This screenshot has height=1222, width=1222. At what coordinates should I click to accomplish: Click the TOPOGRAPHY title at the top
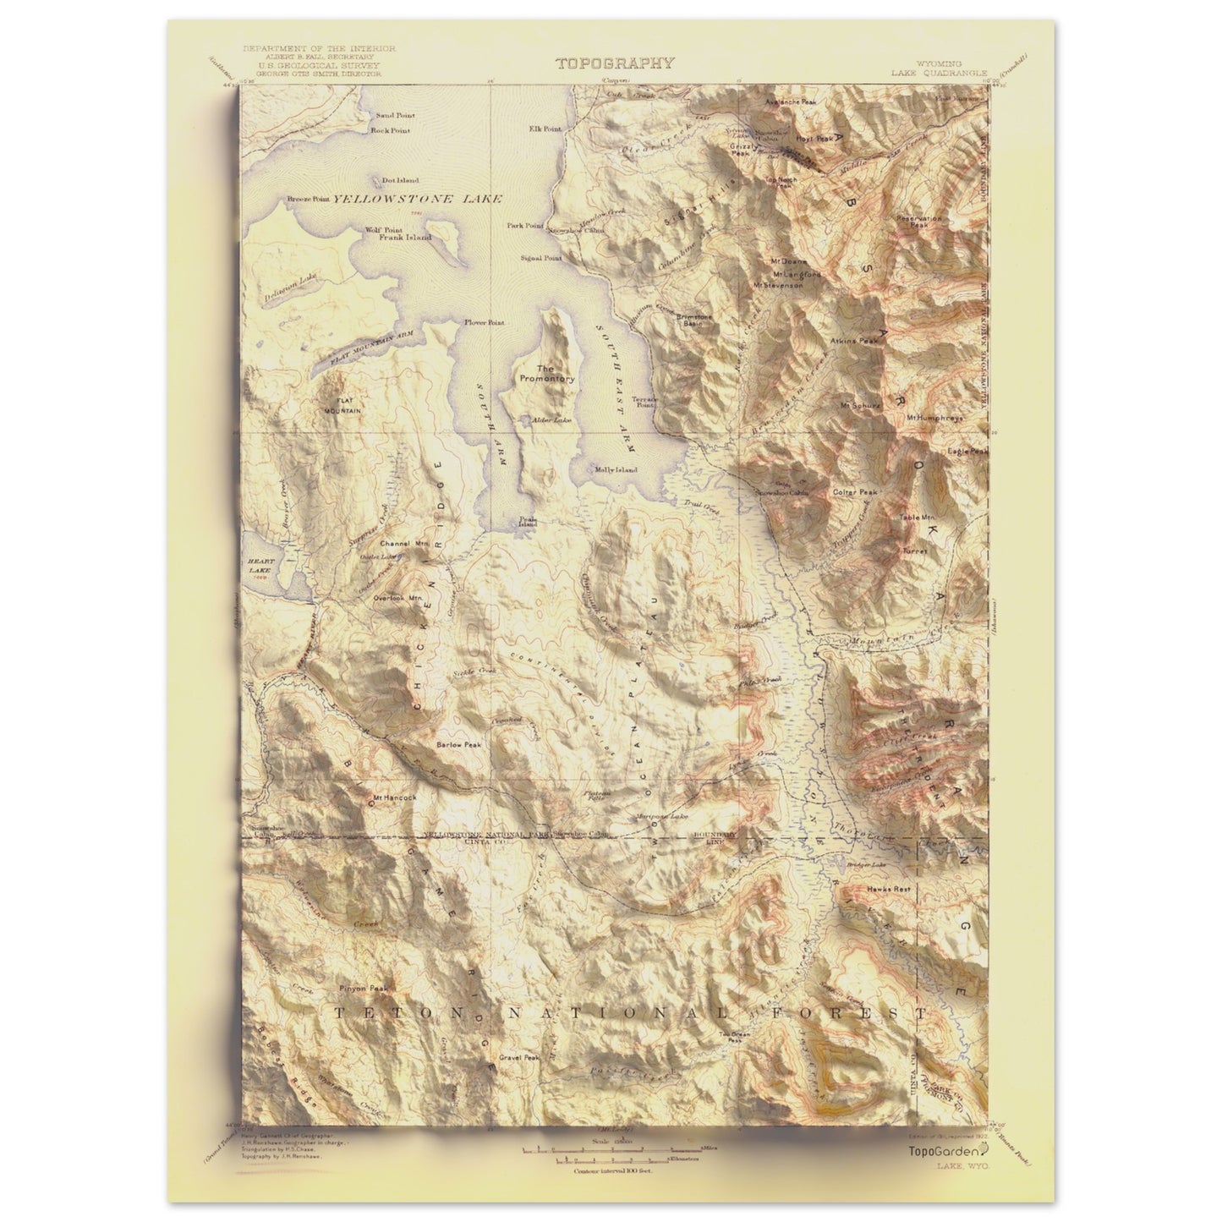click(615, 63)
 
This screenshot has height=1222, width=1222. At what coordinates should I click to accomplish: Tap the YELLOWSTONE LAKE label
click(418, 199)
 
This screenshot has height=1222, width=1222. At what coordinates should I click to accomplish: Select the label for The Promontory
click(545, 374)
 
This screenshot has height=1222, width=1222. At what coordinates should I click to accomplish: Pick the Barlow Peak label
click(458, 745)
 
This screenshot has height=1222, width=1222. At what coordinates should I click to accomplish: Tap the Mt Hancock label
click(395, 797)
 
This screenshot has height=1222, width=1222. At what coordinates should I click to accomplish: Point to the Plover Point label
click(484, 323)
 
